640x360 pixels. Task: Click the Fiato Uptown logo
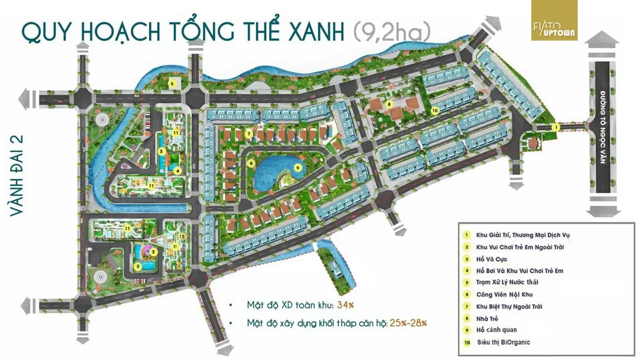[554, 21]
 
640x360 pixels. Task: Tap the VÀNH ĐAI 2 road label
[17, 176]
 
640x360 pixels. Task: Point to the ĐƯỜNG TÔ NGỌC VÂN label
[602, 127]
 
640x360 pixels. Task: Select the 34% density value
[345, 305]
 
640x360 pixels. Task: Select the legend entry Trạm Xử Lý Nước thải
[507, 282]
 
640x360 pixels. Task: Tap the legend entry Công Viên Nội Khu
[504, 294]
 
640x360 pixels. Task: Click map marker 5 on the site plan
[172, 84]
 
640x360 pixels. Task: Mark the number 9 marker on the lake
[297, 168]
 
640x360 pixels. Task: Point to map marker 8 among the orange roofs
[388, 104]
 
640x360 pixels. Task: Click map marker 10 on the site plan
[435, 110]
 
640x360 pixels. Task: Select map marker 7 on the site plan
[249, 134]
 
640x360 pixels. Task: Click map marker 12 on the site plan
[182, 236]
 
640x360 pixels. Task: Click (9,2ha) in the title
[392, 31]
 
